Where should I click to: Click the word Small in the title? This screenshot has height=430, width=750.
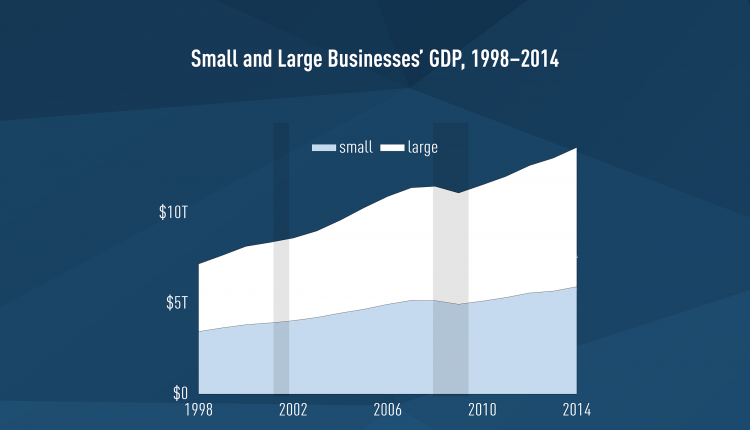[214, 60]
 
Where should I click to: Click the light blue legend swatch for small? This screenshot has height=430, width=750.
[324, 148]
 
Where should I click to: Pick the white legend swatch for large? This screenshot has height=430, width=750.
[392, 148]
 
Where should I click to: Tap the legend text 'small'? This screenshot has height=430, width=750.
[356, 147]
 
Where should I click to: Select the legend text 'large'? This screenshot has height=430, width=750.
[423, 147]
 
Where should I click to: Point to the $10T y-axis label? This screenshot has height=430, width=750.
[174, 213]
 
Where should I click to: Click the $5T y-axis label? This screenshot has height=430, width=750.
[177, 302]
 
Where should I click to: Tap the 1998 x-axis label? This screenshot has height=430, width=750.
[198, 408]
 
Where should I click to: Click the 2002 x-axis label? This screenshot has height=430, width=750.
[293, 408]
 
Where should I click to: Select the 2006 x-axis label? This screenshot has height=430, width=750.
[387, 408]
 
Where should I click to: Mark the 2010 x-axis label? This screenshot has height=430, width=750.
[482, 408]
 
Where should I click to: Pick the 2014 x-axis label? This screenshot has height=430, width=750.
[576, 408]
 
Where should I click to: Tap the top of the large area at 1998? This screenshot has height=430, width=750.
[200, 264]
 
